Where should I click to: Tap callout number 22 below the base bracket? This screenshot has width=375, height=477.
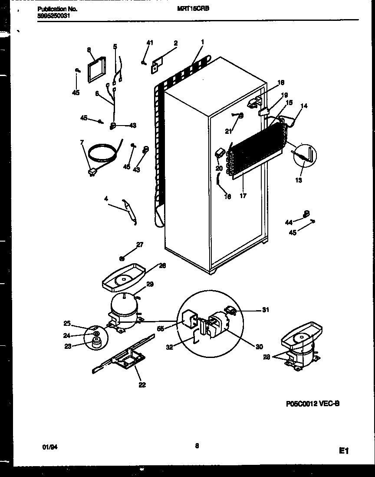[142, 384]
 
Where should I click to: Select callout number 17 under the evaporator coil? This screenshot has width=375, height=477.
[243, 196]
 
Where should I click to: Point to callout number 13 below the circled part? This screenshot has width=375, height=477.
[299, 180]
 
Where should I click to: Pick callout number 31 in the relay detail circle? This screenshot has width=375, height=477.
[266, 309]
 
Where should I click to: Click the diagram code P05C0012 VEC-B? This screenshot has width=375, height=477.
[312, 404]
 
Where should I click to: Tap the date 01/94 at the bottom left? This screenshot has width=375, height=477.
[51, 446]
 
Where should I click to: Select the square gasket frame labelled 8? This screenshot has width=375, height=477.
[96, 70]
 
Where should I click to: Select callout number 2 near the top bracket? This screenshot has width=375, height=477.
[175, 43]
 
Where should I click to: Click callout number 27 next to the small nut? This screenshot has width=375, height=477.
[139, 245]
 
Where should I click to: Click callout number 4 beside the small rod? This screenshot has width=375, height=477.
[106, 199]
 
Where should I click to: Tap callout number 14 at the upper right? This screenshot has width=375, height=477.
[304, 106]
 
